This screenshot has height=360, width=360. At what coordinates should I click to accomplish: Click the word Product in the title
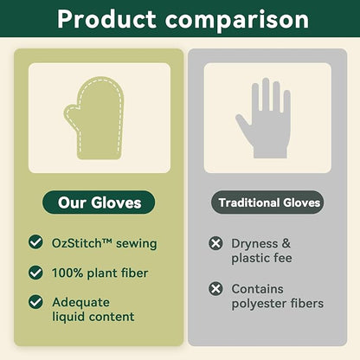coord(106,19)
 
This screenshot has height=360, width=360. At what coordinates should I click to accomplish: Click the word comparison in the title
coord(237,20)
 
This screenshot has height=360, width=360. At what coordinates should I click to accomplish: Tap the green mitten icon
coord(94,118)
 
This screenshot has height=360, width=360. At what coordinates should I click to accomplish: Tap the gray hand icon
coord(263,118)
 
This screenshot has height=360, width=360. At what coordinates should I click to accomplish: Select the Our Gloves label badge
coord(99,202)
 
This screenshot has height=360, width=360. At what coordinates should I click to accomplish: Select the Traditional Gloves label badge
coord(267,202)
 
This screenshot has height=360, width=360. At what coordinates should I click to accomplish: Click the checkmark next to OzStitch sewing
coord(35,241)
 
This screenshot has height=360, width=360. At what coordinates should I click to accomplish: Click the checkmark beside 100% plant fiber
coord(35,273)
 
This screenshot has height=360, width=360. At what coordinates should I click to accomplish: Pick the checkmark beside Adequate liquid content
coord(35,302)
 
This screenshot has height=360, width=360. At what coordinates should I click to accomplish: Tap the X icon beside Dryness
coord(215,243)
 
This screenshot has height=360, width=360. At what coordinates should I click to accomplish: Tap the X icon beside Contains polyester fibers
coord(215,288)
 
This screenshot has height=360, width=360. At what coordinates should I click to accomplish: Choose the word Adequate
coord(80,303)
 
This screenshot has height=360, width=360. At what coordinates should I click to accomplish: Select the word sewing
coord(137,244)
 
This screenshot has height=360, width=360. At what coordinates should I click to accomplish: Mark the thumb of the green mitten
coord(72,114)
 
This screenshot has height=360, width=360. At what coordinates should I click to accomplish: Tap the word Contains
coord(257,289)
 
